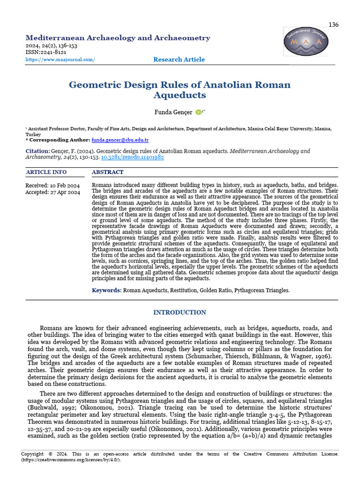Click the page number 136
point(333,24)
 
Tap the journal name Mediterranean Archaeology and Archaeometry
point(118,38)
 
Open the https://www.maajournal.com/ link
point(60,60)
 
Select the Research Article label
point(179,60)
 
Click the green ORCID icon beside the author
point(198,112)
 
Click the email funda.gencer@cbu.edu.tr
point(120,140)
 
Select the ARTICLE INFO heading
point(46,172)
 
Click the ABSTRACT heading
point(108,172)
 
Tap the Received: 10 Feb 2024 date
point(52,186)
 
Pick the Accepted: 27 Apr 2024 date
point(52,192)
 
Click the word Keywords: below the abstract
point(106,291)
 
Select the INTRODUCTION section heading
point(180,313)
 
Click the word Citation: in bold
point(37,151)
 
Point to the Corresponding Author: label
point(59,140)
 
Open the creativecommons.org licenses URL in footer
point(70,460)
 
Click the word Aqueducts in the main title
point(180,95)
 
